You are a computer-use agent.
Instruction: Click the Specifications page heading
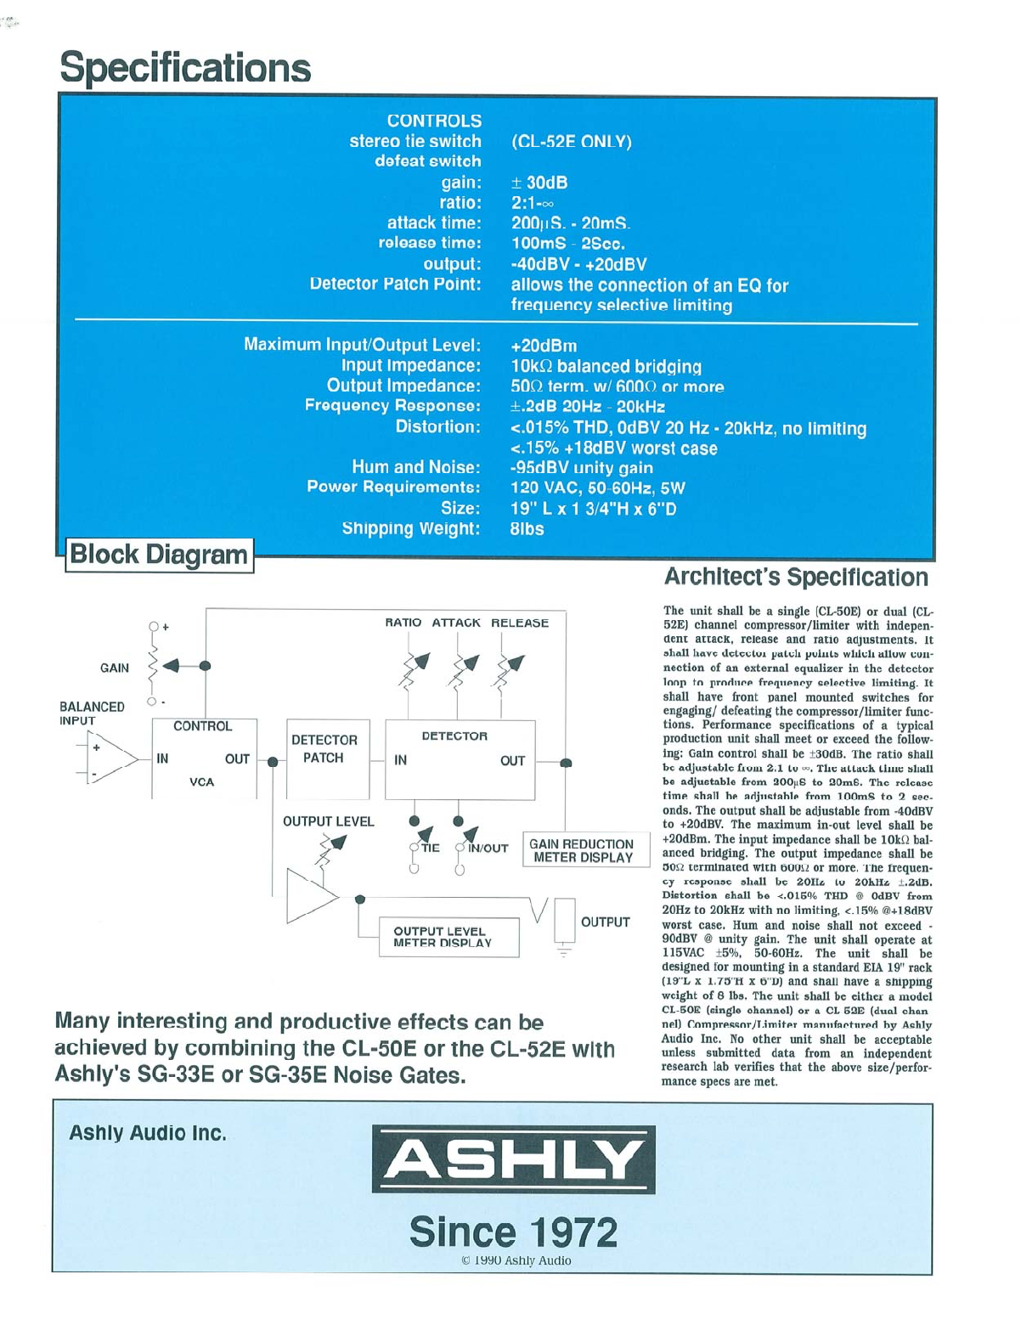[x=185, y=68]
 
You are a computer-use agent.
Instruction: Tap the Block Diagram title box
[x=159, y=555]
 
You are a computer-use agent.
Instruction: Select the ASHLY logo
[x=513, y=1159]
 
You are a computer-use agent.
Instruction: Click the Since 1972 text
[x=513, y=1232]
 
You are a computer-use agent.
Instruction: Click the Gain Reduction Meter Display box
[x=582, y=850]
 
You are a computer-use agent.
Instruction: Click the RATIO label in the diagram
[x=403, y=623]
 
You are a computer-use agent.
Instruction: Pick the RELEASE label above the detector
[x=520, y=623]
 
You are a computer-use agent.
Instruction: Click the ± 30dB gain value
[x=539, y=183]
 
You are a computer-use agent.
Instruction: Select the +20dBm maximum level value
[x=544, y=346]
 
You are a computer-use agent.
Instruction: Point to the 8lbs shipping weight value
[x=527, y=529]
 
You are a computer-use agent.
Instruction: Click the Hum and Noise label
[x=415, y=467]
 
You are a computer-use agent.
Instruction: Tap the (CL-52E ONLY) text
[x=571, y=142]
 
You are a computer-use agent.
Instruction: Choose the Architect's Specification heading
[x=796, y=578]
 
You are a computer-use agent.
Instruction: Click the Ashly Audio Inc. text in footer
[x=148, y=1133]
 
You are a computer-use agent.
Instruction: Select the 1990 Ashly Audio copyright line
[x=516, y=1260]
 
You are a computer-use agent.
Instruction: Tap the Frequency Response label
[x=392, y=406]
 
